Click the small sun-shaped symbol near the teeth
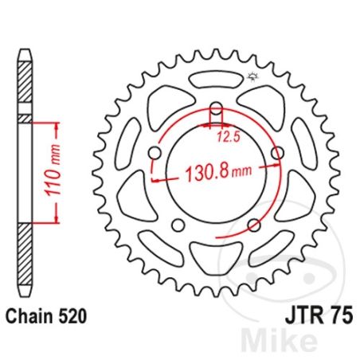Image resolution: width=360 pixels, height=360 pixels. (x=253, y=76)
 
